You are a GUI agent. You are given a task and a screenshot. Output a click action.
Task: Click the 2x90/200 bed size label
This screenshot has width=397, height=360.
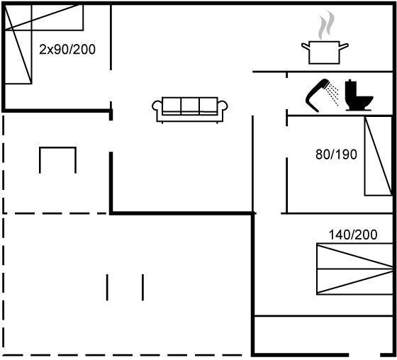click(67, 50)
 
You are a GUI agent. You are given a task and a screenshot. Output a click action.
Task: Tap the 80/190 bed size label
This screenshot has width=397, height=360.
click(336, 154)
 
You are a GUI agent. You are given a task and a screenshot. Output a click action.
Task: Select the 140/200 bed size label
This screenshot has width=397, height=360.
click(353, 235)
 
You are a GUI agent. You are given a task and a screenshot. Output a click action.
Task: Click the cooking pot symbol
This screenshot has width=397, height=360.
click(325, 52)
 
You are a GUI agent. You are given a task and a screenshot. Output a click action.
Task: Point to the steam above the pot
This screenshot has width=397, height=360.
click(326, 25)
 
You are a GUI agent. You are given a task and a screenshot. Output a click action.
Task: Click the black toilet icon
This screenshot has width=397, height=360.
click(359, 95)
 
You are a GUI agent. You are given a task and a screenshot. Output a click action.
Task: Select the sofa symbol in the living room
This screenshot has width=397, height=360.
click(190, 110)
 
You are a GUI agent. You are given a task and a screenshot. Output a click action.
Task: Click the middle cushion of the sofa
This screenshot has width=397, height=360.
click(190, 106)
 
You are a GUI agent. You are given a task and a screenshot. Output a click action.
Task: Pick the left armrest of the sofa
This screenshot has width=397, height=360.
click(157, 106)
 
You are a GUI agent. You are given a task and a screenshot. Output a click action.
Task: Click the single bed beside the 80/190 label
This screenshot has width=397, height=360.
click(379, 156)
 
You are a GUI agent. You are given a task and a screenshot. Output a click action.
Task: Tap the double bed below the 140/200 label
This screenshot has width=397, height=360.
click(354, 269)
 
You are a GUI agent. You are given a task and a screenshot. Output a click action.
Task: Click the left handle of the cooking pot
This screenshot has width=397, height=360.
click(305, 47)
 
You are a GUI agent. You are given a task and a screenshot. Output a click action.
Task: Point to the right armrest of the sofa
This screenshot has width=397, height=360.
click(223, 106)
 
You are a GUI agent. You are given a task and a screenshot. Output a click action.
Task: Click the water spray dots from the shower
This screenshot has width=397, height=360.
click(332, 94)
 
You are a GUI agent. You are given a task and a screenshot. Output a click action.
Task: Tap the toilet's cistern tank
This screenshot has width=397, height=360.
click(350, 88)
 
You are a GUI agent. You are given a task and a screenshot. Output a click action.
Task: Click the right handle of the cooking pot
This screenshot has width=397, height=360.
click(344, 47)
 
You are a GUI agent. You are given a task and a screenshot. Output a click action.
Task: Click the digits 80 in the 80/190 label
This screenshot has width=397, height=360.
click(322, 154)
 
